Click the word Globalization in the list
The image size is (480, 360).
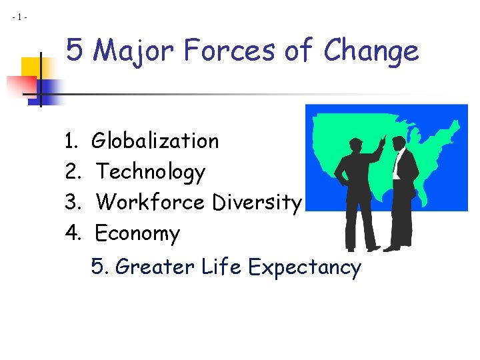(155, 141)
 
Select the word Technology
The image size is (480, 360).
(151, 173)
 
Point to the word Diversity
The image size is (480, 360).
(257, 203)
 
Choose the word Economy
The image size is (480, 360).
(137, 234)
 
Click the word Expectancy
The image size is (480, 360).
(304, 268)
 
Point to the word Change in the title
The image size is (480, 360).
(371, 51)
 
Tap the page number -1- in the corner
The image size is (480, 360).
(19, 17)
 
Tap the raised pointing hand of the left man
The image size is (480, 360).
(383, 140)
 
